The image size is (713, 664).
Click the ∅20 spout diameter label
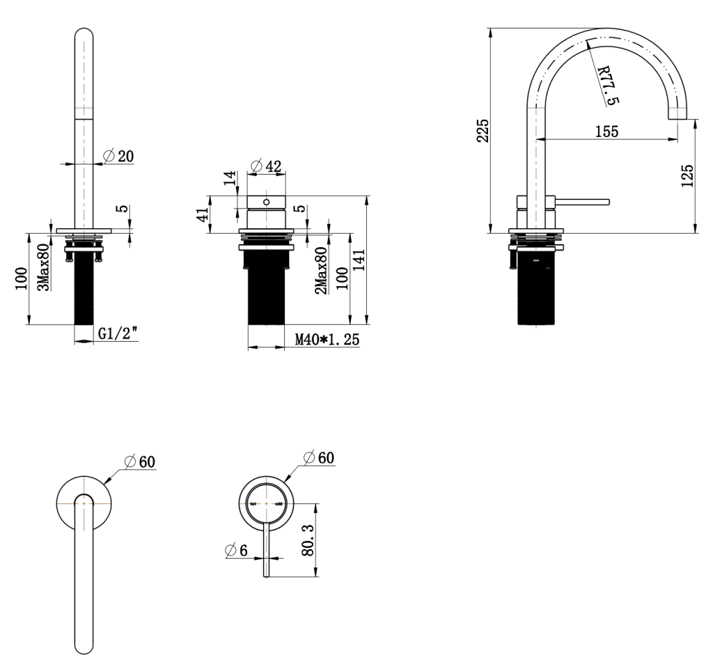point(118,156)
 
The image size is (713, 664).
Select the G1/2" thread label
point(116,334)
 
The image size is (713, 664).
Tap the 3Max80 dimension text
point(42,267)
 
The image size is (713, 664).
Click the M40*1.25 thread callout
point(325,340)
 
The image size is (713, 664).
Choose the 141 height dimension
point(359,261)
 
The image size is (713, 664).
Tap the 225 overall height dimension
point(482,130)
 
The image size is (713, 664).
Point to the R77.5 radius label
point(607,85)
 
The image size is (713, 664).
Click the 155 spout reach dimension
point(606,132)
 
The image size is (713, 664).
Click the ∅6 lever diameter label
point(237,549)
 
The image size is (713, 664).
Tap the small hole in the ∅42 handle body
point(266,201)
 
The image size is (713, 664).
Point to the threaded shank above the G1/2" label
point(84,292)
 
